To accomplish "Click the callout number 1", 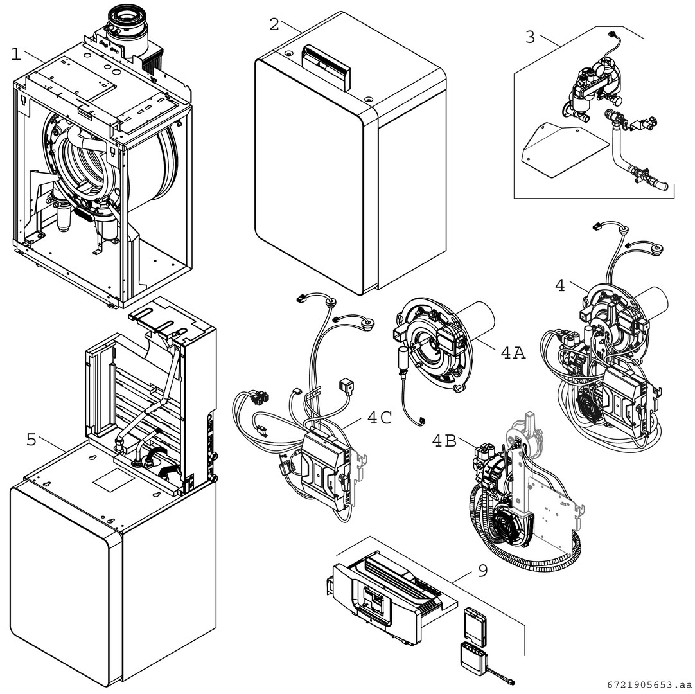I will click(16, 54).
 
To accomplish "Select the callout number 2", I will click(274, 24).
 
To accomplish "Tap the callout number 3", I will click(530, 37).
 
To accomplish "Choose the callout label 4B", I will click(444, 441).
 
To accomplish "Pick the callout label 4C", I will click(380, 418).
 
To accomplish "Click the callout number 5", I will click(31, 440).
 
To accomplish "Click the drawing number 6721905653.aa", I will click(649, 684).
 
